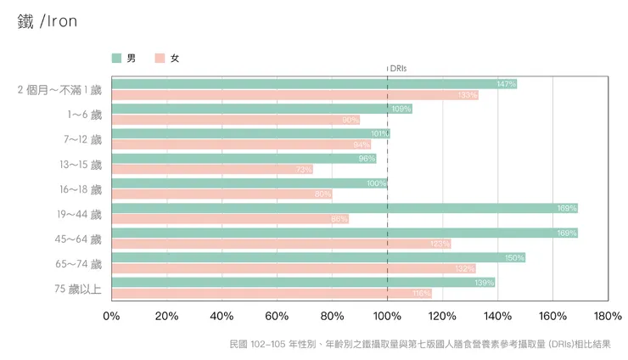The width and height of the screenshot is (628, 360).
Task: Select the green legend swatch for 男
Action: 116,59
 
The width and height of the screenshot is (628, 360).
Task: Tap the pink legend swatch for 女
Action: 160,59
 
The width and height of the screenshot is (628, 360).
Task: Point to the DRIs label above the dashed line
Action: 398,68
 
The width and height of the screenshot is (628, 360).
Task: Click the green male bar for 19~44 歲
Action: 339,208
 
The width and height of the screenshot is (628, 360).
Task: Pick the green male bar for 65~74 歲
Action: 314,257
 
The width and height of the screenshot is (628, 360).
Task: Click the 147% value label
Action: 506,84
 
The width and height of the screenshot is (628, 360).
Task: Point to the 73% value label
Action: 303,170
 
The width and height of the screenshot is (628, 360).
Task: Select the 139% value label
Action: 485,282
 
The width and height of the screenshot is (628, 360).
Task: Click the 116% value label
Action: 421,294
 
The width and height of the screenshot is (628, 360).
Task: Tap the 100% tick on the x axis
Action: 387,316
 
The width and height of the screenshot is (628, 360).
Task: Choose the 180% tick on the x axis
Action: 608,316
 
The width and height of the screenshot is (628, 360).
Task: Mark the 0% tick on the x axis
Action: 111,316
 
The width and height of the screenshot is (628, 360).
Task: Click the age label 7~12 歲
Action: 81,139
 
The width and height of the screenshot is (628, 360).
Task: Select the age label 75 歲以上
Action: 78,289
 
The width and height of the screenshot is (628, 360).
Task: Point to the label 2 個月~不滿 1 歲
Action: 59,89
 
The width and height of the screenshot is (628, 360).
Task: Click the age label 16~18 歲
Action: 80,188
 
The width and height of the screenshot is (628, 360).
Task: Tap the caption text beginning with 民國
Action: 419,345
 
